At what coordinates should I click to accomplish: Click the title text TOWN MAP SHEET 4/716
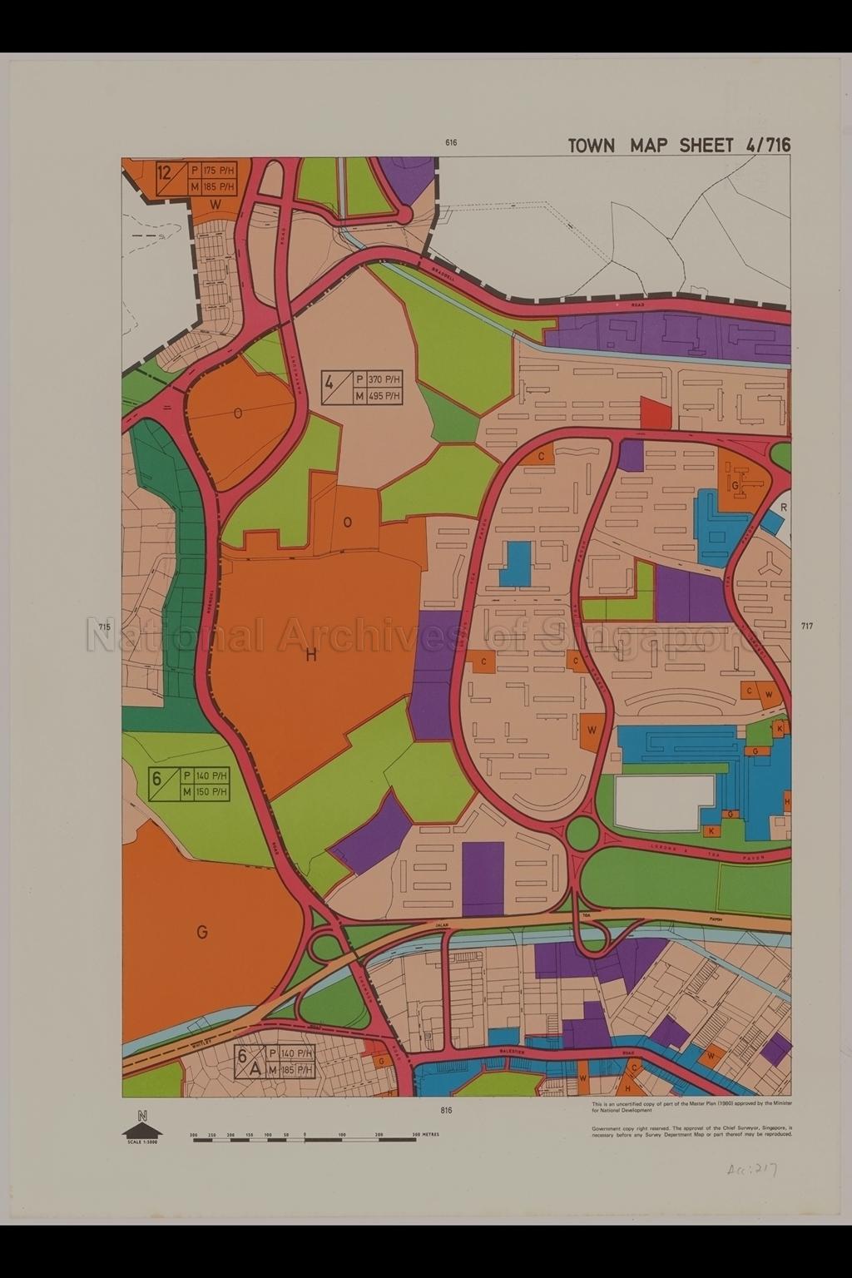(679, 145)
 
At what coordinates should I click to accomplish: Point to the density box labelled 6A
(275, 1062)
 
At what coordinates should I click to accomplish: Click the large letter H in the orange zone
(312, 656)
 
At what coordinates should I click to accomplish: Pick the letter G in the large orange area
(201, 933)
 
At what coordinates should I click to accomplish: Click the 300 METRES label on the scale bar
(426, 1134)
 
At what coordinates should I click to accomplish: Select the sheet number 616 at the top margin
(451, 143)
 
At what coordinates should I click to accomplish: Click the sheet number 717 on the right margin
(806, 626)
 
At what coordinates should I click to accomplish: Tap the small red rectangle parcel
(655, 413)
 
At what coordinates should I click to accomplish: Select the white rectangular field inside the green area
(664, 802)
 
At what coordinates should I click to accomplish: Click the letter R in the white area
(784, 506)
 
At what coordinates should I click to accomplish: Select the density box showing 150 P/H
(197, 784)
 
